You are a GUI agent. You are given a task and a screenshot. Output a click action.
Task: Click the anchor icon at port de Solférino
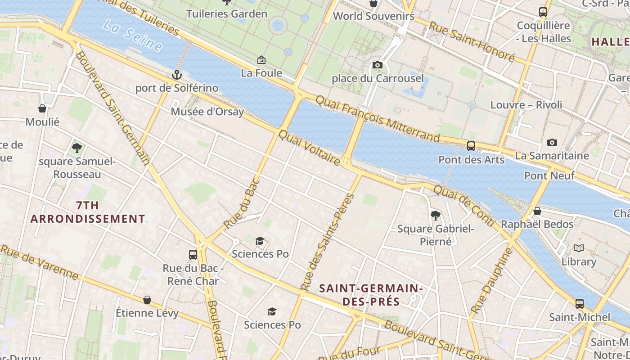177,75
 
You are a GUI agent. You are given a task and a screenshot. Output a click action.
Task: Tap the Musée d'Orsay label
207,112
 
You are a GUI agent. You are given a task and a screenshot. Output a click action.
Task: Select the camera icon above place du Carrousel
378,65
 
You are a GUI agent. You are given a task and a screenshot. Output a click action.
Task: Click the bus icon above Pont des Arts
471,146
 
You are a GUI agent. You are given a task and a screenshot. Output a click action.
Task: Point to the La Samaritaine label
552,156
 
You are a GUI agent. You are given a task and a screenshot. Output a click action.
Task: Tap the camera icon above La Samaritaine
552,143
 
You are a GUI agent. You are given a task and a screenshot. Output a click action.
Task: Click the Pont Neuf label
549,175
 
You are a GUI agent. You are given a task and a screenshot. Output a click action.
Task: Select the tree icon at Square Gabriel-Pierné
435,216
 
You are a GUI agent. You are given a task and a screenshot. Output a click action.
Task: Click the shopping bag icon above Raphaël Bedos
537,211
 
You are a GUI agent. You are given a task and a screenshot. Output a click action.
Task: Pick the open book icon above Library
579,248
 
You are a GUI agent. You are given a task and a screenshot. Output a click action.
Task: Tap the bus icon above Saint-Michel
580,304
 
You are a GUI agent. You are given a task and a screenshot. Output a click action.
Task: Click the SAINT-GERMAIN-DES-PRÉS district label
371,295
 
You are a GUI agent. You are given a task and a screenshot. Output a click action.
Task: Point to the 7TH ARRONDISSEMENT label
87,212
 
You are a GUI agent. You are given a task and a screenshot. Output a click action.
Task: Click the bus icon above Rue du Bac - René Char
193,255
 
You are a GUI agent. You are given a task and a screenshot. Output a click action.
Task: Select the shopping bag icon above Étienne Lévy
147,300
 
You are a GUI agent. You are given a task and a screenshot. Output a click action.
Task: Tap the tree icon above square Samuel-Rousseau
77,148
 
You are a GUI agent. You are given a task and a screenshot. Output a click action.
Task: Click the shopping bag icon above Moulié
42,108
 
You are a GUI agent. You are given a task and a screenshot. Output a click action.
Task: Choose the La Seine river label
132,35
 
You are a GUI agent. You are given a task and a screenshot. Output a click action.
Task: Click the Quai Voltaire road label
310,148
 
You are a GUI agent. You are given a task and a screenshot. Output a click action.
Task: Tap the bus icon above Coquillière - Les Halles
543,12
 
